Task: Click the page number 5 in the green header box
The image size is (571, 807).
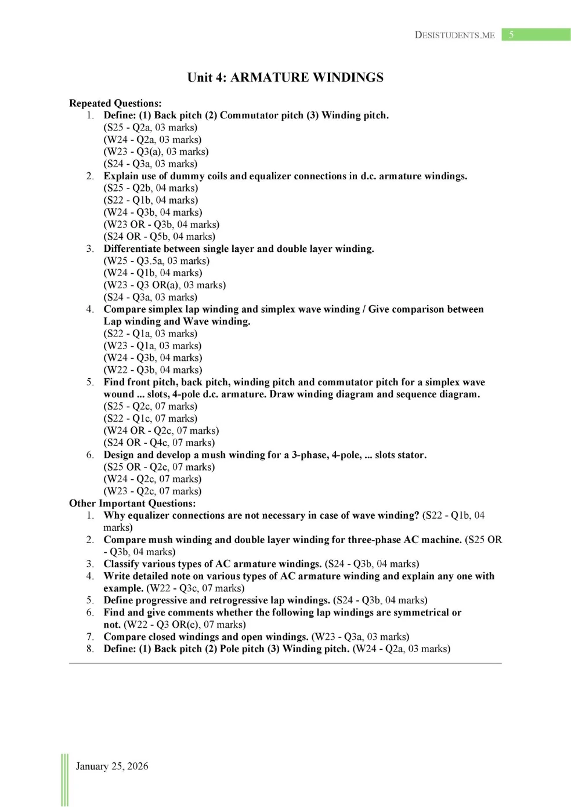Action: point(511,35)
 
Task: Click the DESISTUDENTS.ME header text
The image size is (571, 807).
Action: point(454,35)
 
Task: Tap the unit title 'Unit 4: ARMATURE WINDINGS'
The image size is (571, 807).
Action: point(285,78)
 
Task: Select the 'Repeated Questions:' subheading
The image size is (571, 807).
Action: point(115,103)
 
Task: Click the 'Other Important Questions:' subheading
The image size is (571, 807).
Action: point(132,504)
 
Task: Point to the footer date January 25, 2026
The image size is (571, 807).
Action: point(111,766)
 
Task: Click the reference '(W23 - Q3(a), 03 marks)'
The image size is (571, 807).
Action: point(156,152)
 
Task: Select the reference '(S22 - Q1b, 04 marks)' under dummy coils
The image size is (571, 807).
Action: point(151,200)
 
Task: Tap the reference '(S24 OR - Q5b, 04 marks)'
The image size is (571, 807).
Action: point(160,237)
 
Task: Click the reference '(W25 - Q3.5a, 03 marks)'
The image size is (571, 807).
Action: point(157,261)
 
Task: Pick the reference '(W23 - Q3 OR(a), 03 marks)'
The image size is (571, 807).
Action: point(165,285)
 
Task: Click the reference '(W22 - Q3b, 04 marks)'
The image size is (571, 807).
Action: point(153,370)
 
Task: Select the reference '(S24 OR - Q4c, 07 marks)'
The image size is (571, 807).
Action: point(159,443)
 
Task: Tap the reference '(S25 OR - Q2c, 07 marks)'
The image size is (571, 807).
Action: point(159,467)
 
